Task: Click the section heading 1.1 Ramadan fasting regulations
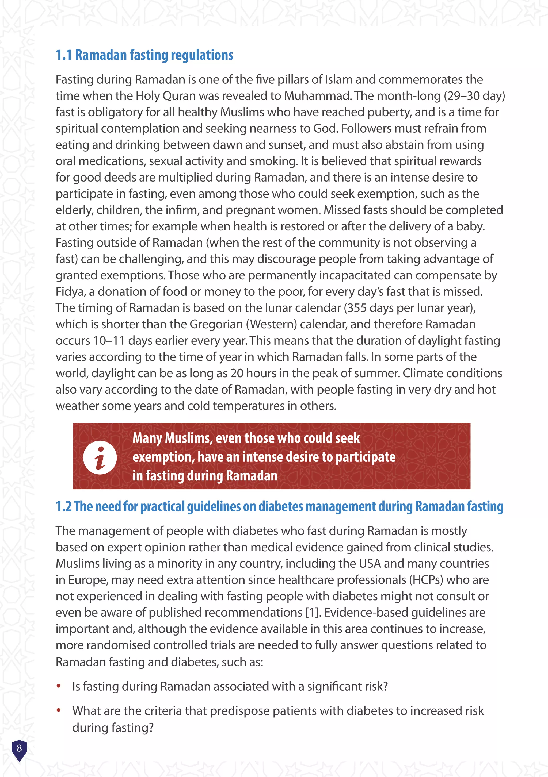(144, 55)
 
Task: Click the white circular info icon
(100, 457)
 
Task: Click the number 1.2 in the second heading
(63, 507)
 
